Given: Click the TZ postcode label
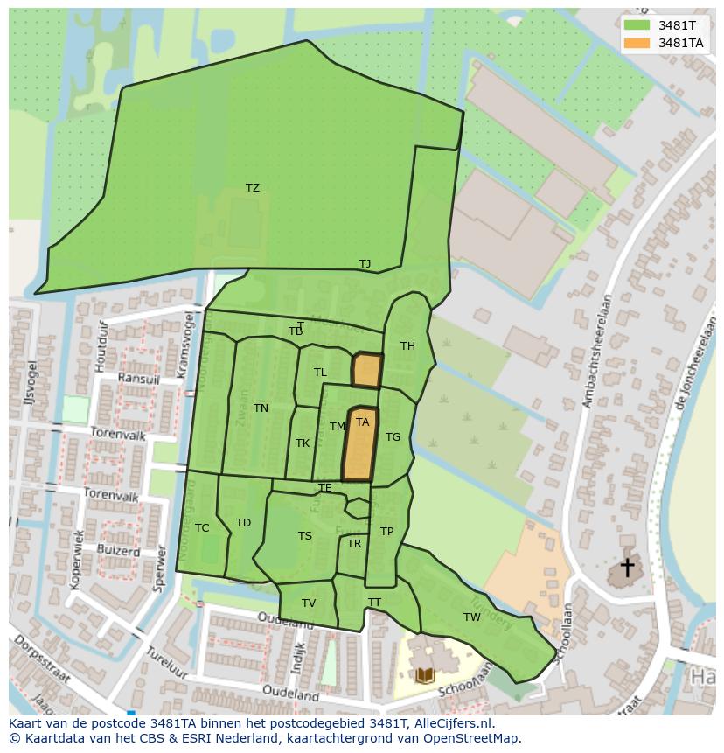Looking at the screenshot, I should pyautogui.click(x=253, y=188).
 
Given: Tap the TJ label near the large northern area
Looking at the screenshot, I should pyautogui.click(x=365, y=264).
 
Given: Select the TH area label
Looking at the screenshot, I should pyautogui.click(x=407, y=346).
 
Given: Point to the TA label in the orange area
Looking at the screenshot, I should pyautogui.click(x=362, y=422).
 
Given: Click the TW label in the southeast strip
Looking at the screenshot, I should pyautogui.click(x=472, y=617).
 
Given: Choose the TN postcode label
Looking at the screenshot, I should pyautogui.click(x=261, y=408).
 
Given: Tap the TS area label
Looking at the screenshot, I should pyautogui.click(x=304, y=537).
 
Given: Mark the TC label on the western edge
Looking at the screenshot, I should pyautogui.click(x=202, y=528).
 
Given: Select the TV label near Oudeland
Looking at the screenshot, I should pyautogui.click(x=309, y=603).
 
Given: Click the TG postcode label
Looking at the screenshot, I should pyautogui.click(x=393, y=437).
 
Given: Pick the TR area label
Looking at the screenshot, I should pyautogui.click(x=354, y=544).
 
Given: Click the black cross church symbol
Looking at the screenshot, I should pyautogui.click(x=627, y=568).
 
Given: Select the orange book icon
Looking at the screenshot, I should pyautogui.click(x=425, y=675).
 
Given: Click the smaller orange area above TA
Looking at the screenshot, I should pyautogui.click(x=367, y=370).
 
